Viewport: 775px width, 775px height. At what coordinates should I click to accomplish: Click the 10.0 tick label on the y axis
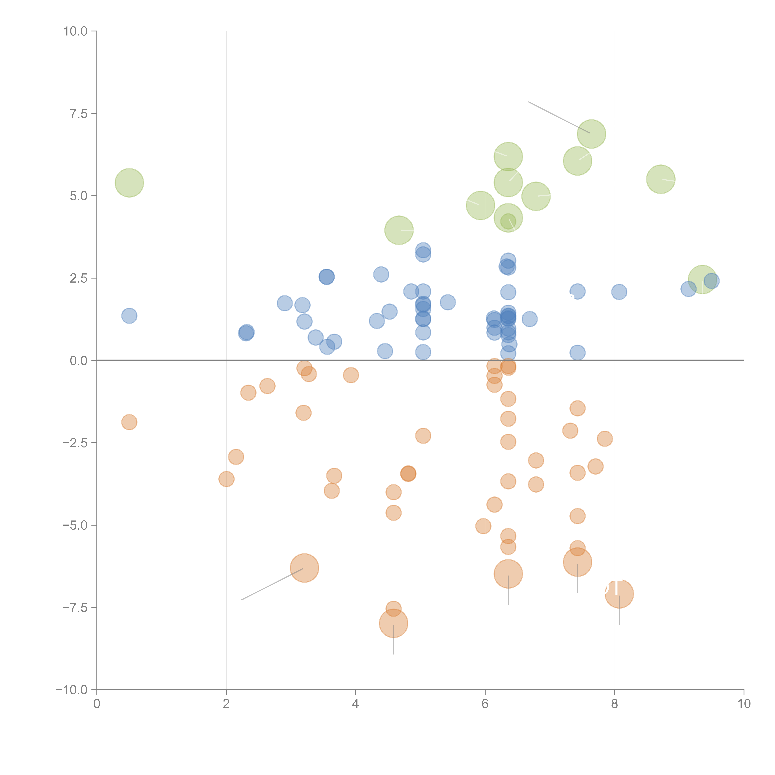pos(75,31)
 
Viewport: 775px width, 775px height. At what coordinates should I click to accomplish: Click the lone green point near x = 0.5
pos(129,183)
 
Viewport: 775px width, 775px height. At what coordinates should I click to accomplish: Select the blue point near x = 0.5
pos(129,316)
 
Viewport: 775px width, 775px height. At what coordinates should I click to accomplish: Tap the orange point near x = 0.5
pos(129,422)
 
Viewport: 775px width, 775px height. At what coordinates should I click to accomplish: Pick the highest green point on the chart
pos(591,134)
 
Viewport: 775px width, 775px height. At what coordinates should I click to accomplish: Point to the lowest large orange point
pos(394,623)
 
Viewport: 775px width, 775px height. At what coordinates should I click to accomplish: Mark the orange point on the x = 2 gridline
pos(227,479)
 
